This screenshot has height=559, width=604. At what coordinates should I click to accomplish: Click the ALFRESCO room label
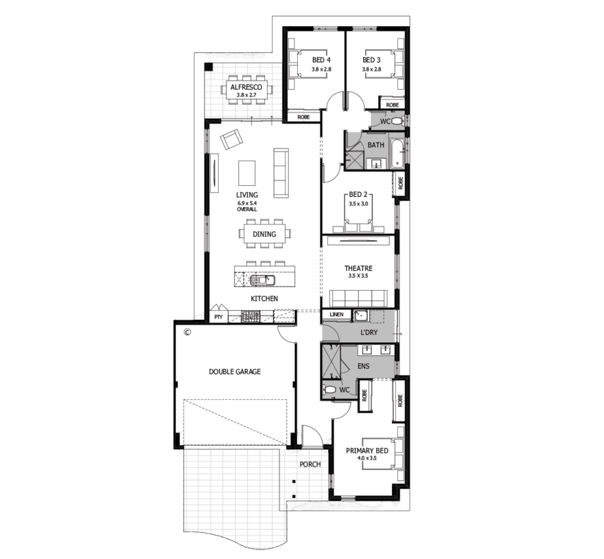(246, 87)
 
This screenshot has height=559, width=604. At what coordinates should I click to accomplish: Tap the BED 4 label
(321, 60)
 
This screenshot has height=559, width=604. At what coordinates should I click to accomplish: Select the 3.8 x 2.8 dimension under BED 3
(371, 69)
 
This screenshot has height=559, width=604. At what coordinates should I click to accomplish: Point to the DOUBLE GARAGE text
(235, 372)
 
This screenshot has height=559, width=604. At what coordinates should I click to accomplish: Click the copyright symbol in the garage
(187, 331)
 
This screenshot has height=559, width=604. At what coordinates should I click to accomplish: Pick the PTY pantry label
(218, 318)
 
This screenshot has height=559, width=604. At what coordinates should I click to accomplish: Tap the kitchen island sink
(262, 280)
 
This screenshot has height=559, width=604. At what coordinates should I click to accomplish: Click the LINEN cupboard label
(336, 315)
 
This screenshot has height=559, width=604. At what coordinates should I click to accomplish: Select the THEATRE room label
(358, 268)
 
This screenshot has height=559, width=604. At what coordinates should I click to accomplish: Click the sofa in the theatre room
(358, 299)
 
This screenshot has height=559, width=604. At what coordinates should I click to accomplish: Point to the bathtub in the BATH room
(397, 154)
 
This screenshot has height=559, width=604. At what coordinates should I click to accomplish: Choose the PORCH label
(310, 464)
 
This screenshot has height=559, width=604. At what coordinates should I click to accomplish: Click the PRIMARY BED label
(367, 451)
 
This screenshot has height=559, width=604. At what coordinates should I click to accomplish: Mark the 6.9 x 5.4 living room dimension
(247, 203)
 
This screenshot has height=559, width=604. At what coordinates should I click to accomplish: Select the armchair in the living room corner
(231, 139)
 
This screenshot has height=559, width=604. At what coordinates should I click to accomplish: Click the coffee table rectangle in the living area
(246, 174)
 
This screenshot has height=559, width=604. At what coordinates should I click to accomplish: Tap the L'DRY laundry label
(369, 332)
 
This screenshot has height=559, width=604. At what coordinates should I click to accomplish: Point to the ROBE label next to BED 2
(401, 183)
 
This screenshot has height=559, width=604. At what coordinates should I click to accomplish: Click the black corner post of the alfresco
(209, 67)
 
